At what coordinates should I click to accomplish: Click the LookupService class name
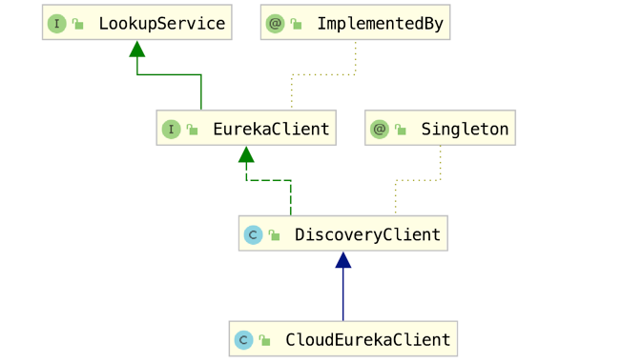161,24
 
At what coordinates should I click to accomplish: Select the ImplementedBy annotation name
380,24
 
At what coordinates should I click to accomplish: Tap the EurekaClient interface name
271,129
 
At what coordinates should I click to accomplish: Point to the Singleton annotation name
465,129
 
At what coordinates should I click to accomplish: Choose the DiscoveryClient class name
367,234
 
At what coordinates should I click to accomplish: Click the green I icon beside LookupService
57,24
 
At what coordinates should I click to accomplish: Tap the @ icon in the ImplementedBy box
276,24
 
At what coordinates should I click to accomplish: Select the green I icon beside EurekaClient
171,129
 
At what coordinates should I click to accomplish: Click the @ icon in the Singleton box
380,129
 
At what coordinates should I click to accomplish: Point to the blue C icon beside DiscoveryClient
253,234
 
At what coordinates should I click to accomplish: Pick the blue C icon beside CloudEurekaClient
243,339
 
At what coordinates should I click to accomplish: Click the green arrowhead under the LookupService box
137,50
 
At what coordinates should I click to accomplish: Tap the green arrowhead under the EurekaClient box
246,154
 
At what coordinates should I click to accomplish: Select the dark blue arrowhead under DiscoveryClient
343,260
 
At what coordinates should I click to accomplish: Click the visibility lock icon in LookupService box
78,24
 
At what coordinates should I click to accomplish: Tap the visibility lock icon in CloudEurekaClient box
264,339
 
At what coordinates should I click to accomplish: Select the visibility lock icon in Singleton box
401,129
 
